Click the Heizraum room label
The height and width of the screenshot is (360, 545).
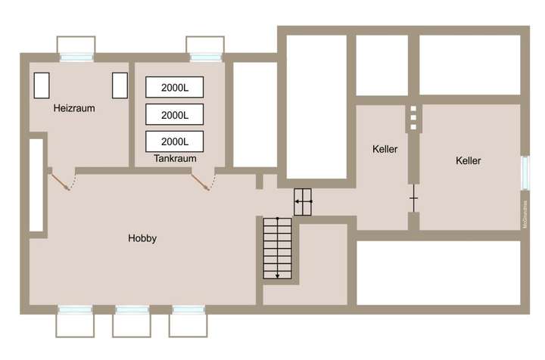click(74, 108)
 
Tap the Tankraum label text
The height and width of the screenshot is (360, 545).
click(175, 159)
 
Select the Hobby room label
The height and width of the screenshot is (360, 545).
click(142, 238)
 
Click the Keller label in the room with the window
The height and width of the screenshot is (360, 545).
click(469, 160)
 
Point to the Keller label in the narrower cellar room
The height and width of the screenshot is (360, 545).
click(385, 149)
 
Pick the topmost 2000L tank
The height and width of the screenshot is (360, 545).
click(175, 88)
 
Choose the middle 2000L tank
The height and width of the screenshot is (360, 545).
click(175, 115)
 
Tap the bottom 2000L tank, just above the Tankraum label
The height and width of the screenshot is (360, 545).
click(175, 141)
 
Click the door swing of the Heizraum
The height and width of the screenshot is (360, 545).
click(61, 180)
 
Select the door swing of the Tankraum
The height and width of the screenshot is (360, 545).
click(203, 180)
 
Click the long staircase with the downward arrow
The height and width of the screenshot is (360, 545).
click(277, 248)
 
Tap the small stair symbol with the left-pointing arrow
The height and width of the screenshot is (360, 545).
click(303, 202)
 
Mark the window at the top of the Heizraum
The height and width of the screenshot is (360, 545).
click(77, 57)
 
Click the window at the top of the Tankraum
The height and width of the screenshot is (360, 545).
click(206, 57)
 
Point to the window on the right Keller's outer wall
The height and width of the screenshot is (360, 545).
click(525, 172)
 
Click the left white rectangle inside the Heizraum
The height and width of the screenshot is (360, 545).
click(41, 85)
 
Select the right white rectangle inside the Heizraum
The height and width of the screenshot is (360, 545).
click(120, 85)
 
